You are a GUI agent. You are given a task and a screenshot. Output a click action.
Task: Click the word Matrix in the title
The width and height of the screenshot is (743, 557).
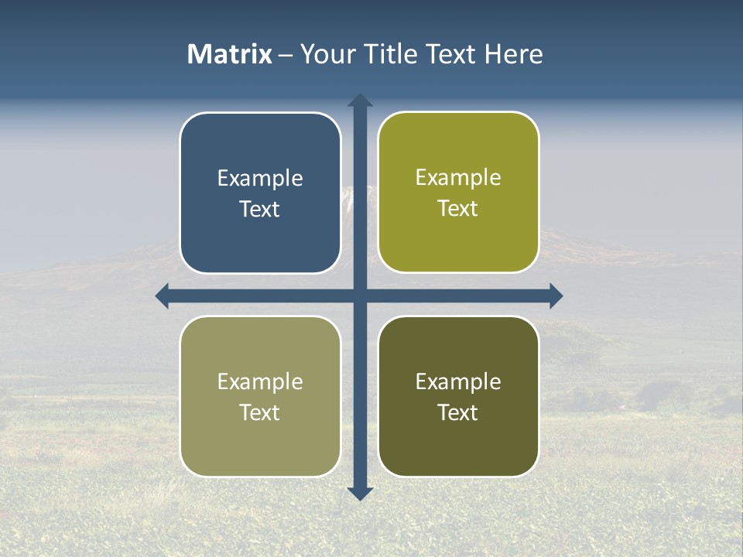[x=229, y=54]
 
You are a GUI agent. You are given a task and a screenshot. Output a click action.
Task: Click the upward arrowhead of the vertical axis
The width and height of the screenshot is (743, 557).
[x=360, y=101]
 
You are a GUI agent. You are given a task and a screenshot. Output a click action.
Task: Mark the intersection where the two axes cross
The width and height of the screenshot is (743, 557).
[x=360, y=296]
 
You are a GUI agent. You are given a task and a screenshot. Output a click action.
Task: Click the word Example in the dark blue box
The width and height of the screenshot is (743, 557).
[x=260, y=179]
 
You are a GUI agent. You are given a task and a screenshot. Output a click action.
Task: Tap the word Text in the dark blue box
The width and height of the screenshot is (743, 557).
[x=260, y=210]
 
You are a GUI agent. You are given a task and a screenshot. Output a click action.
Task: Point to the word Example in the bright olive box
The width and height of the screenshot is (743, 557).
[x=458, y=178]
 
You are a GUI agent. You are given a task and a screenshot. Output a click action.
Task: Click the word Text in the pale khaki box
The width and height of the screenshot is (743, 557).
[x=260, y=413]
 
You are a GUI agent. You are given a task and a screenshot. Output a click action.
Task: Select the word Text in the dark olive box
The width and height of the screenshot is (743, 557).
[x=458, y=413]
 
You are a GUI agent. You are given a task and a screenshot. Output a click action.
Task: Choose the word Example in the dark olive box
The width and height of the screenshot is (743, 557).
[x=458, y=382]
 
